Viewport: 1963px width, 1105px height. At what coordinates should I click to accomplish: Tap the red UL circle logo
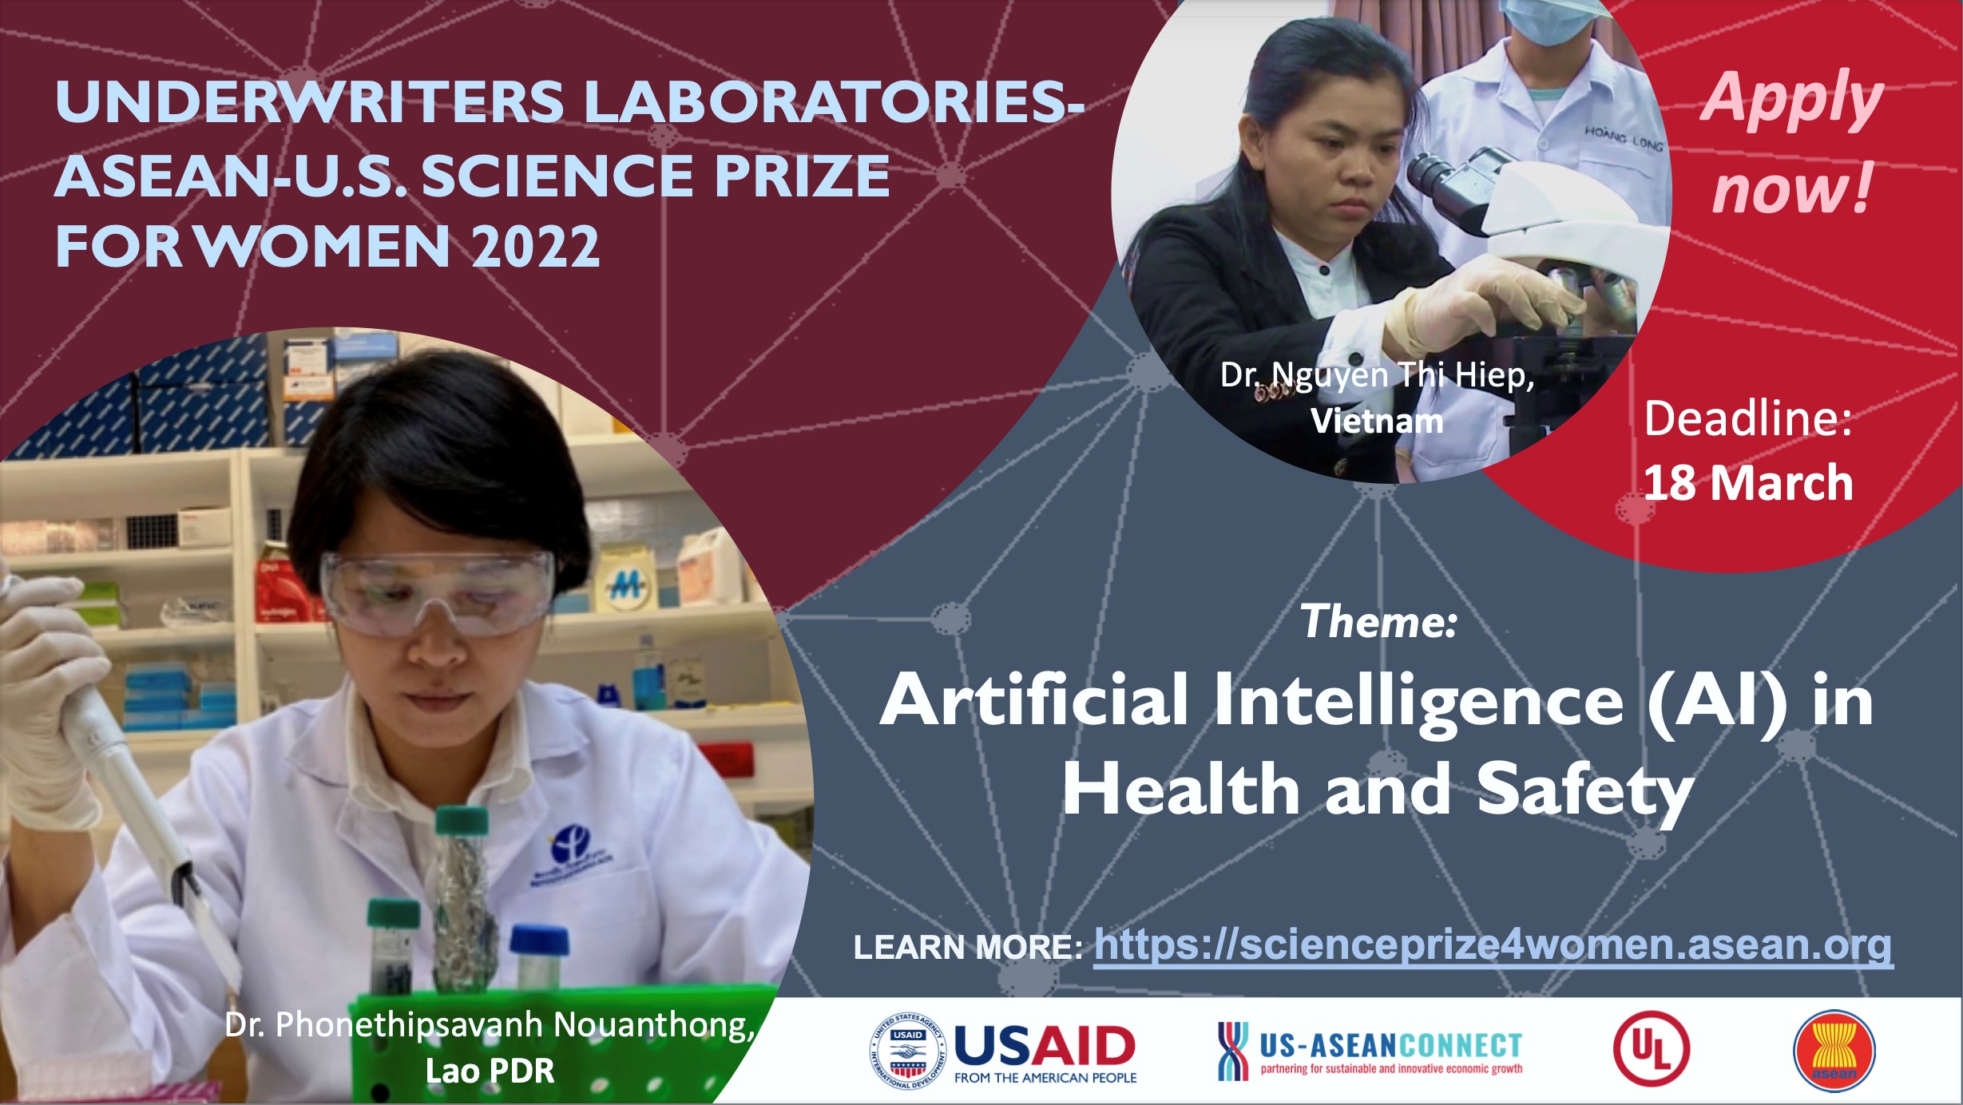click(1651, 1050)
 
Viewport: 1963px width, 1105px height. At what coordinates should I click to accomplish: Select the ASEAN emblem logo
click(1834, 1051)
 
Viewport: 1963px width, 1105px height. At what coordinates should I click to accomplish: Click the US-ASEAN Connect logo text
click(1390, 1046)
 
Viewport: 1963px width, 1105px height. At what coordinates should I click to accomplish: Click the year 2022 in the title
click(536, 247)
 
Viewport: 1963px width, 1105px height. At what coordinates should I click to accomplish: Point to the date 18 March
click(1747, 483)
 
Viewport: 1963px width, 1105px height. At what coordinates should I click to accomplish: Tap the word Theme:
click(1379, 621)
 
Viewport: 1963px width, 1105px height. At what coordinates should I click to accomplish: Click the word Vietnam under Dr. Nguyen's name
click(1377, 421)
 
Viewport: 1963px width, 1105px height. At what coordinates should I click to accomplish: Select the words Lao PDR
click(490, 1071)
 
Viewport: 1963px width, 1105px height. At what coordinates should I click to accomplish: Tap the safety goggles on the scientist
click(437, 592)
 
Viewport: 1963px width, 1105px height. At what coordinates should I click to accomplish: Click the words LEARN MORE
click(968, 948)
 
